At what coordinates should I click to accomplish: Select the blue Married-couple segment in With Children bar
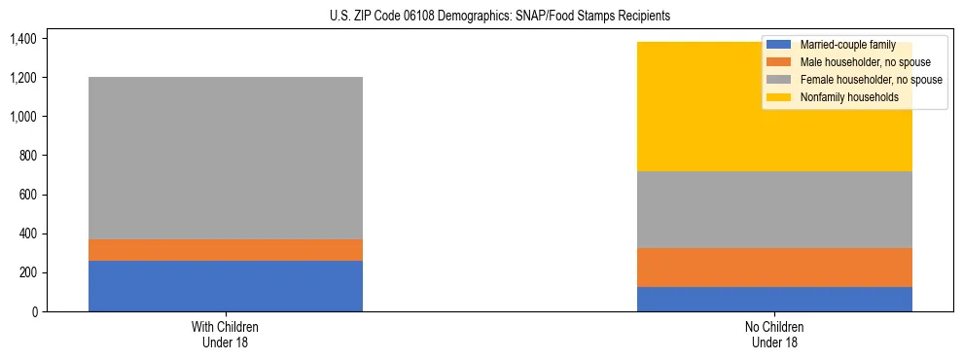pos(226,286)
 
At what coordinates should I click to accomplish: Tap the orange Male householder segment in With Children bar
pos(226,250)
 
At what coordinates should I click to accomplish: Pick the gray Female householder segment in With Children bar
pos(226,158)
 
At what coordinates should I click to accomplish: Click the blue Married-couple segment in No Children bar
pos(774,299)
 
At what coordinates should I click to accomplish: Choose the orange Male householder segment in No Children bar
pos(774,268)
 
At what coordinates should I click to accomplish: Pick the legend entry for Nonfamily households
pos(842,97)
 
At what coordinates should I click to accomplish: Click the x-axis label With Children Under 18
pos(226,334)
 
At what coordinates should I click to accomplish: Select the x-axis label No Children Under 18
pos(774,334)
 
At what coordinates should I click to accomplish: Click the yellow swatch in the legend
pos(778,97)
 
